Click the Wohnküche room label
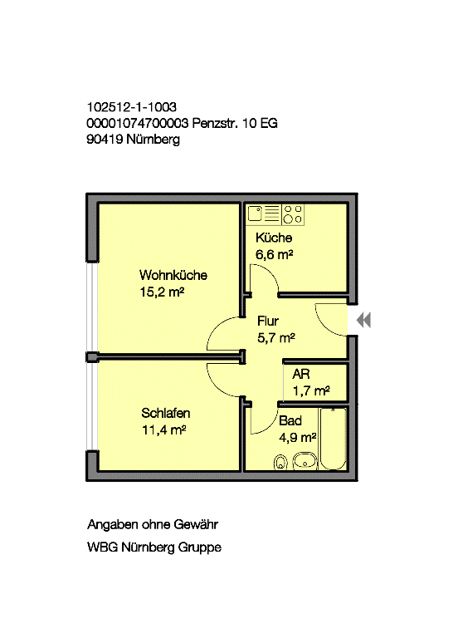[173, 276]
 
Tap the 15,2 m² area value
[162, 292]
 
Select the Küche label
[274, 238]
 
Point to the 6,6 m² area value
[275, 254]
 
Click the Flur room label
[268, 321]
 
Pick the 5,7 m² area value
[276, 338]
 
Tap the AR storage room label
[301, 374]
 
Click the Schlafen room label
[165, 413]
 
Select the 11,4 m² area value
[163, 429]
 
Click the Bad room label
[290, 420]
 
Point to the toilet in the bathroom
[280, 462]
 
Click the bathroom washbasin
[305, 461]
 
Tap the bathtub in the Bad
[334, 439]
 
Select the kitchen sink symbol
[255, 213]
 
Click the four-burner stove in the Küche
[293, 214]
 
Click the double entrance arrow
[363, 320]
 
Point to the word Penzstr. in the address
[215, 123]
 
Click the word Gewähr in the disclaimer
[196, 524]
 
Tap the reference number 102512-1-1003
[132, 107]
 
